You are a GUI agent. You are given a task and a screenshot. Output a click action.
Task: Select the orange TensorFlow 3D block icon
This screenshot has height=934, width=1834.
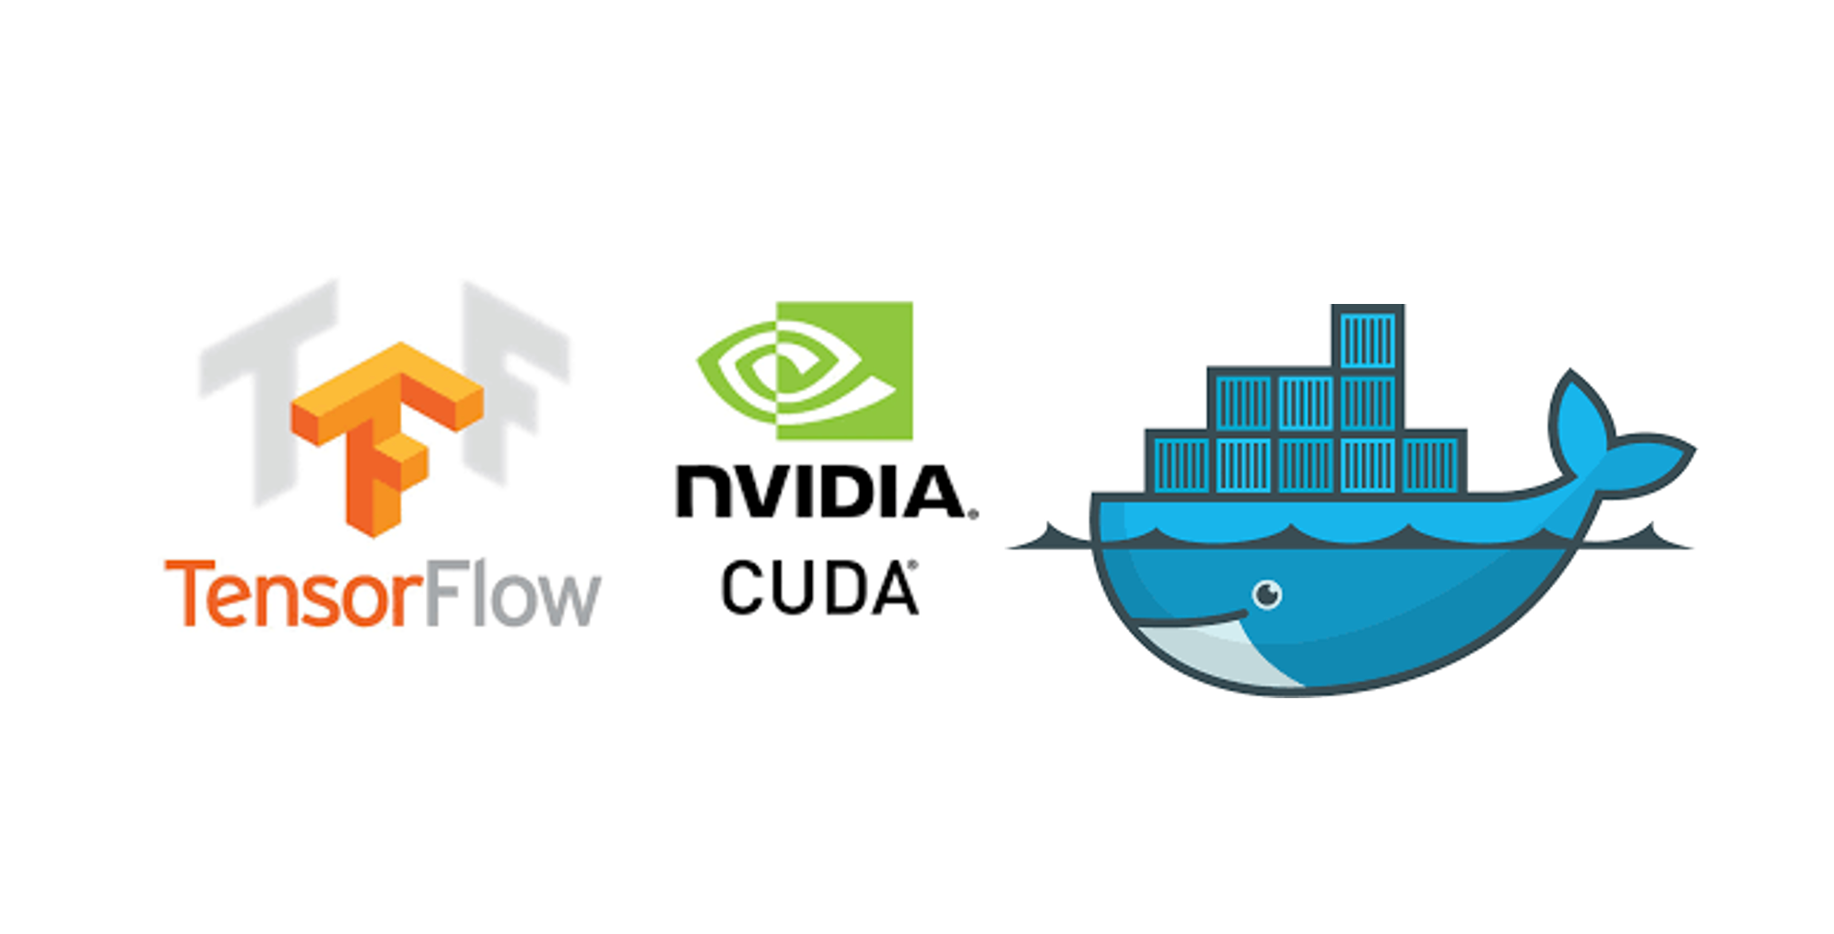point(387,433)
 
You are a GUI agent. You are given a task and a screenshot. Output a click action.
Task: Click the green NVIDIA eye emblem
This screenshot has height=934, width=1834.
point(804,370)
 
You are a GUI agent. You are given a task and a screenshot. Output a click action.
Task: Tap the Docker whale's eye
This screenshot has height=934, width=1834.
point(1267,594)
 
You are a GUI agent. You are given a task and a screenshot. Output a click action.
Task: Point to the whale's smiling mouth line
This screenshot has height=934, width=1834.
point(1189,619)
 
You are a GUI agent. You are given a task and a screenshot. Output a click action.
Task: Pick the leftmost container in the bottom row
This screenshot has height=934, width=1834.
point(1181,463)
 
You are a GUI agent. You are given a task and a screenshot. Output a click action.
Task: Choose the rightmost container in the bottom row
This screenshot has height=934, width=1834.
point(1431,463)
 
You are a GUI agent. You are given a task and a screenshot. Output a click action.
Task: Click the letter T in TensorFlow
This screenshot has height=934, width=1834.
point(187,594)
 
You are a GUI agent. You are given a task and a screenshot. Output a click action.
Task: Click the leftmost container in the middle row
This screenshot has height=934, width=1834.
point(1242,402)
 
